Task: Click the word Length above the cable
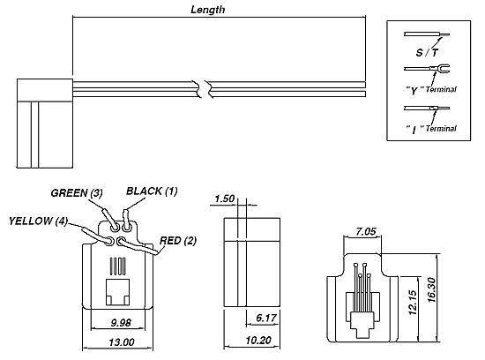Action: pyautogui.click(x=207, y=10)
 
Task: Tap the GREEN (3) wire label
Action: pyautogui.click(x=77, y=193)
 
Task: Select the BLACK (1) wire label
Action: pyautogui.click(x=152, y=191)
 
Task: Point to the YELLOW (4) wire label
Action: pyautogui.click(x=38, y=221)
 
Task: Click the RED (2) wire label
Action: pyautogui.click(x=178, y=241)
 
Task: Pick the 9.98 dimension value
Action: pyautogui.click(x=121, y=323)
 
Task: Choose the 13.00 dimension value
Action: pyautogui.click(x=122, y=342)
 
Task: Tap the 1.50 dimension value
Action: pyautogui.click(x=225, y=199)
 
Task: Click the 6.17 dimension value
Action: pyautogui.click(x=266, y=318)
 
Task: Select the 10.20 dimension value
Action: pyautogui.click(x=258, y=341)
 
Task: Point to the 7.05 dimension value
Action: pyautogui.click(x=366, y=231)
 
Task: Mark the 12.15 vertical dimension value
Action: pyautogui.click(x=413, y=303)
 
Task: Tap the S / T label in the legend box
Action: pyautogui.click(x=427, y=53)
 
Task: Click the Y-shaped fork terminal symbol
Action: pyautogui.click(x=440, y=68)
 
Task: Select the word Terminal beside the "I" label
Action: pyautogui.click(x=441, y=128)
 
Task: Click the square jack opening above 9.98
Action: pyautogui.click(x=118, y=292)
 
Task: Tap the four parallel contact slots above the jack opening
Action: pyautogui.click(x=118, y=266)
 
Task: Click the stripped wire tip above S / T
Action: pyautogui.click(x=444, y=34)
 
